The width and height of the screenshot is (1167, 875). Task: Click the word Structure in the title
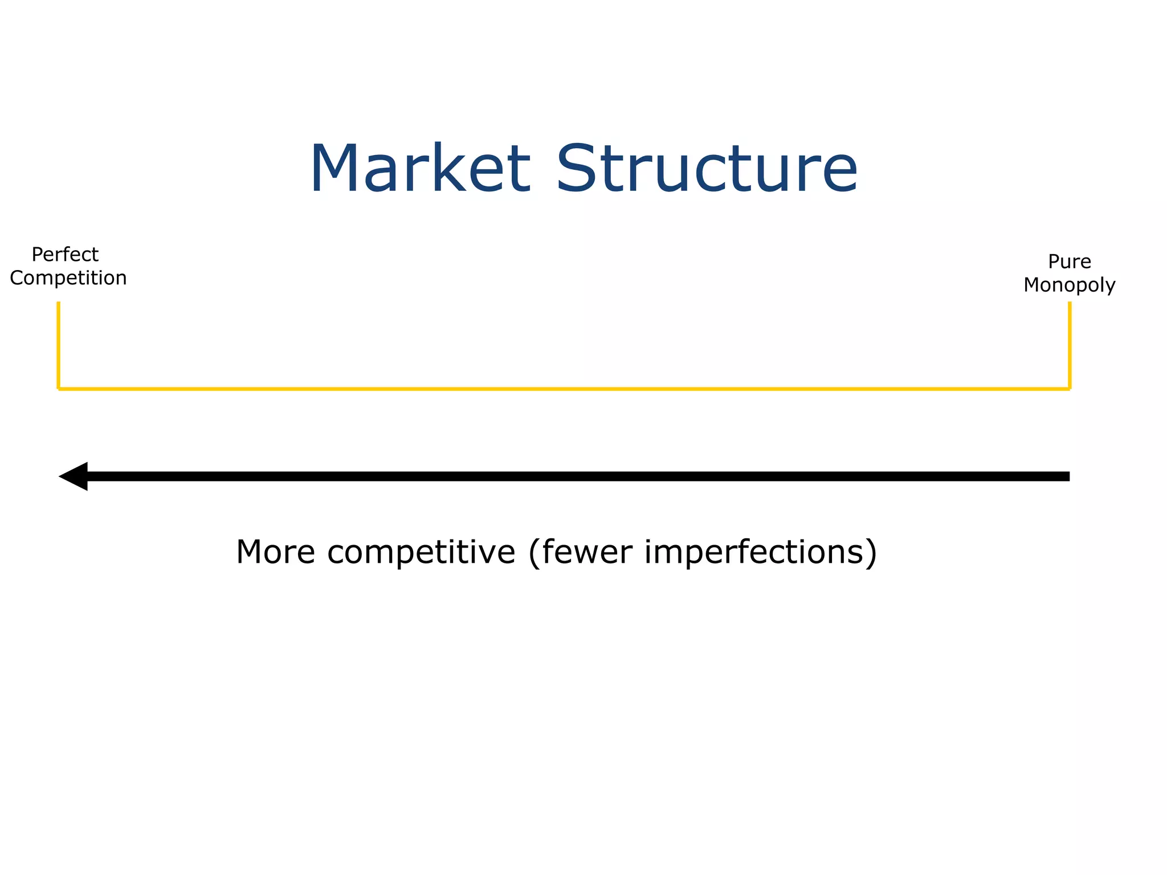707,169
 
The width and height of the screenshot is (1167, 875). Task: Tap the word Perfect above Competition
65,254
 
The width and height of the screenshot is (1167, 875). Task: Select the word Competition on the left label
68,278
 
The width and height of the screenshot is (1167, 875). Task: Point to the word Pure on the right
1070,261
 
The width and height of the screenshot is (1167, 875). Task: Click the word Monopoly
1069,285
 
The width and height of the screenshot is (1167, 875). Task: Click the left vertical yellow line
59,345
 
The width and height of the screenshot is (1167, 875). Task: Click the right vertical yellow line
1070,345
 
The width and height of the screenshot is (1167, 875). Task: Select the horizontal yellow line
564,389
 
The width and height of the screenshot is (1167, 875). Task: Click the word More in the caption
276,552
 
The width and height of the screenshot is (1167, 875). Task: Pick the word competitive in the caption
421,552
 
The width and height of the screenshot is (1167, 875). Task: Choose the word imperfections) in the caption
761,552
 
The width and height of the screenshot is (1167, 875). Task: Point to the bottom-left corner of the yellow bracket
59,389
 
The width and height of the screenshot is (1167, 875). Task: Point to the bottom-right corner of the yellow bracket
1070,389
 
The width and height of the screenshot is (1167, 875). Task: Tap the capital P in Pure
1054,261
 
